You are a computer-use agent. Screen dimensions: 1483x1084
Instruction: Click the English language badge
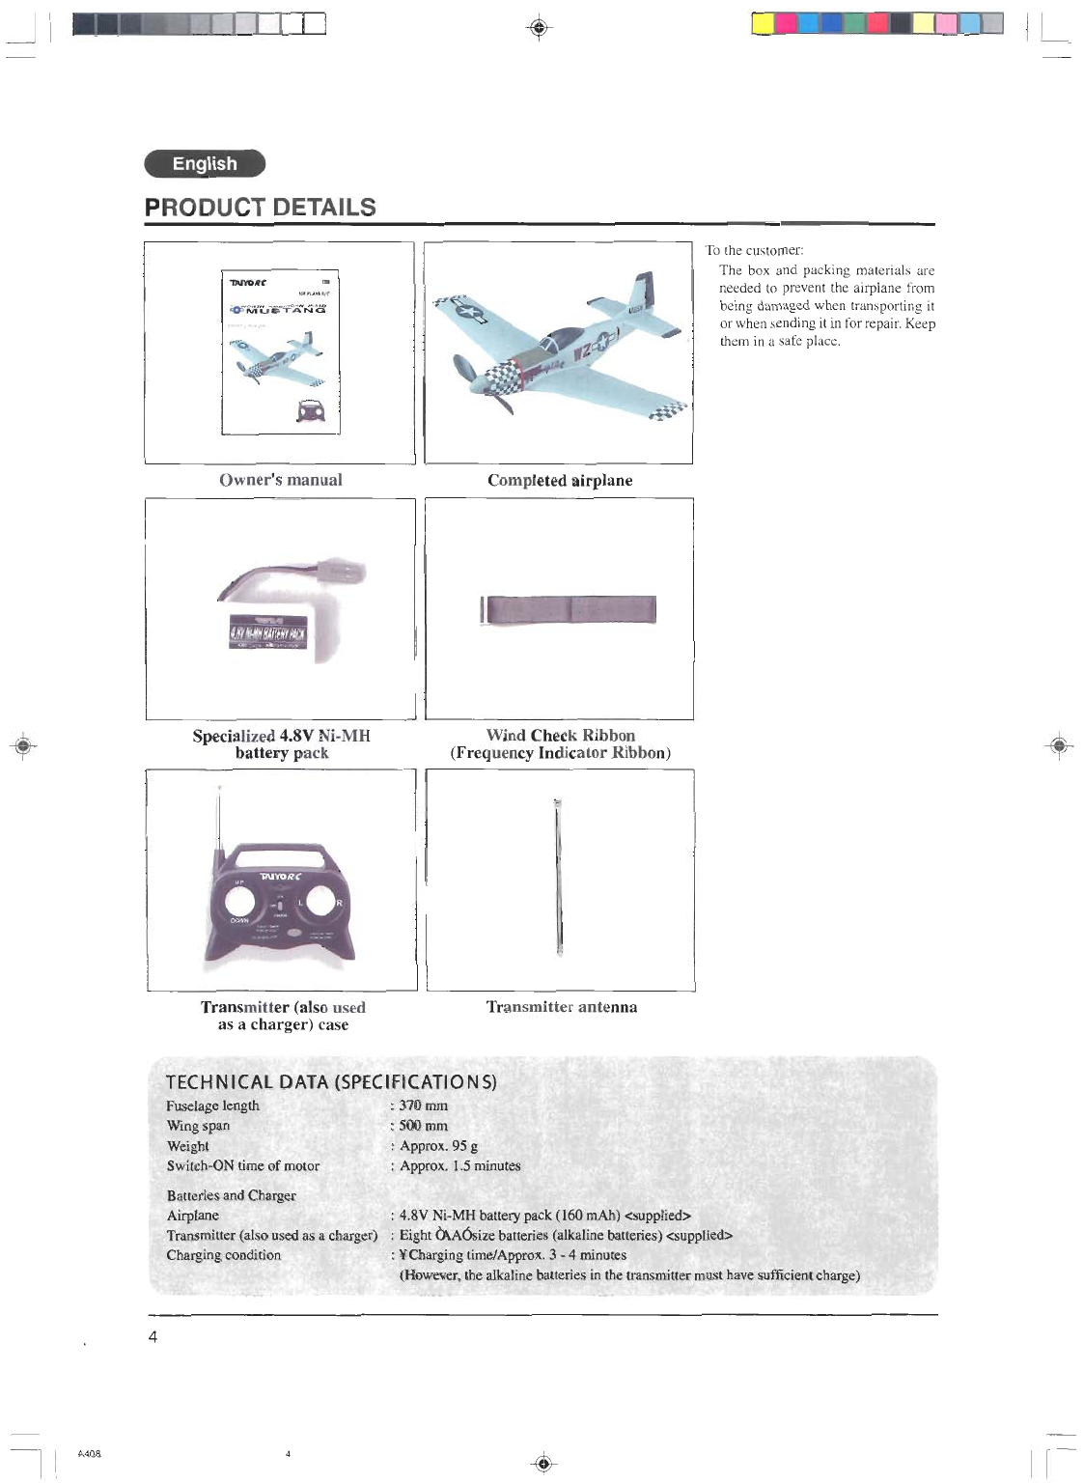[x=205, y=164]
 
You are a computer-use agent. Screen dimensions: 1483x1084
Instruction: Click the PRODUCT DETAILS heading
[x=260, y=208]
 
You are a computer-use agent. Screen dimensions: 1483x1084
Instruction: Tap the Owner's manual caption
[x=280, y=480]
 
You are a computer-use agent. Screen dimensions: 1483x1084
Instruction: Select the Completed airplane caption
[x=560, y=480]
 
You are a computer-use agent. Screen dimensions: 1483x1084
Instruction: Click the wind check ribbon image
[x=570, y=610]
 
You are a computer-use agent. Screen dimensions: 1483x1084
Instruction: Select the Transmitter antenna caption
[x=561, y=1007]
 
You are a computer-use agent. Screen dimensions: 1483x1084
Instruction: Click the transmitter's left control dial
[x=239, y=902]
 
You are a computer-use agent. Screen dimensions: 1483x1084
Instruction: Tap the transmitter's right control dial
[x=321, y=902]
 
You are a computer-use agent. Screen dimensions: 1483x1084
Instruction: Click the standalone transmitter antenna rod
[x=559, y=879]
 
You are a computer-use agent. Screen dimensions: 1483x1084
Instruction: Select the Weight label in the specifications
[x=187, y=1146]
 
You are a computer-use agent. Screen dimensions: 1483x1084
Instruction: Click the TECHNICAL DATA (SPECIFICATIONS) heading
[x=331, y=1082]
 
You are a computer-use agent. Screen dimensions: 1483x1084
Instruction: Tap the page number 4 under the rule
[x=153, y=1337]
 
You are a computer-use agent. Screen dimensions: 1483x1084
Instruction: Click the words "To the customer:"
[x=754, y=250]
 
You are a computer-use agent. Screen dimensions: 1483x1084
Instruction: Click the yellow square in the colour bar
[x=763, y=23]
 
